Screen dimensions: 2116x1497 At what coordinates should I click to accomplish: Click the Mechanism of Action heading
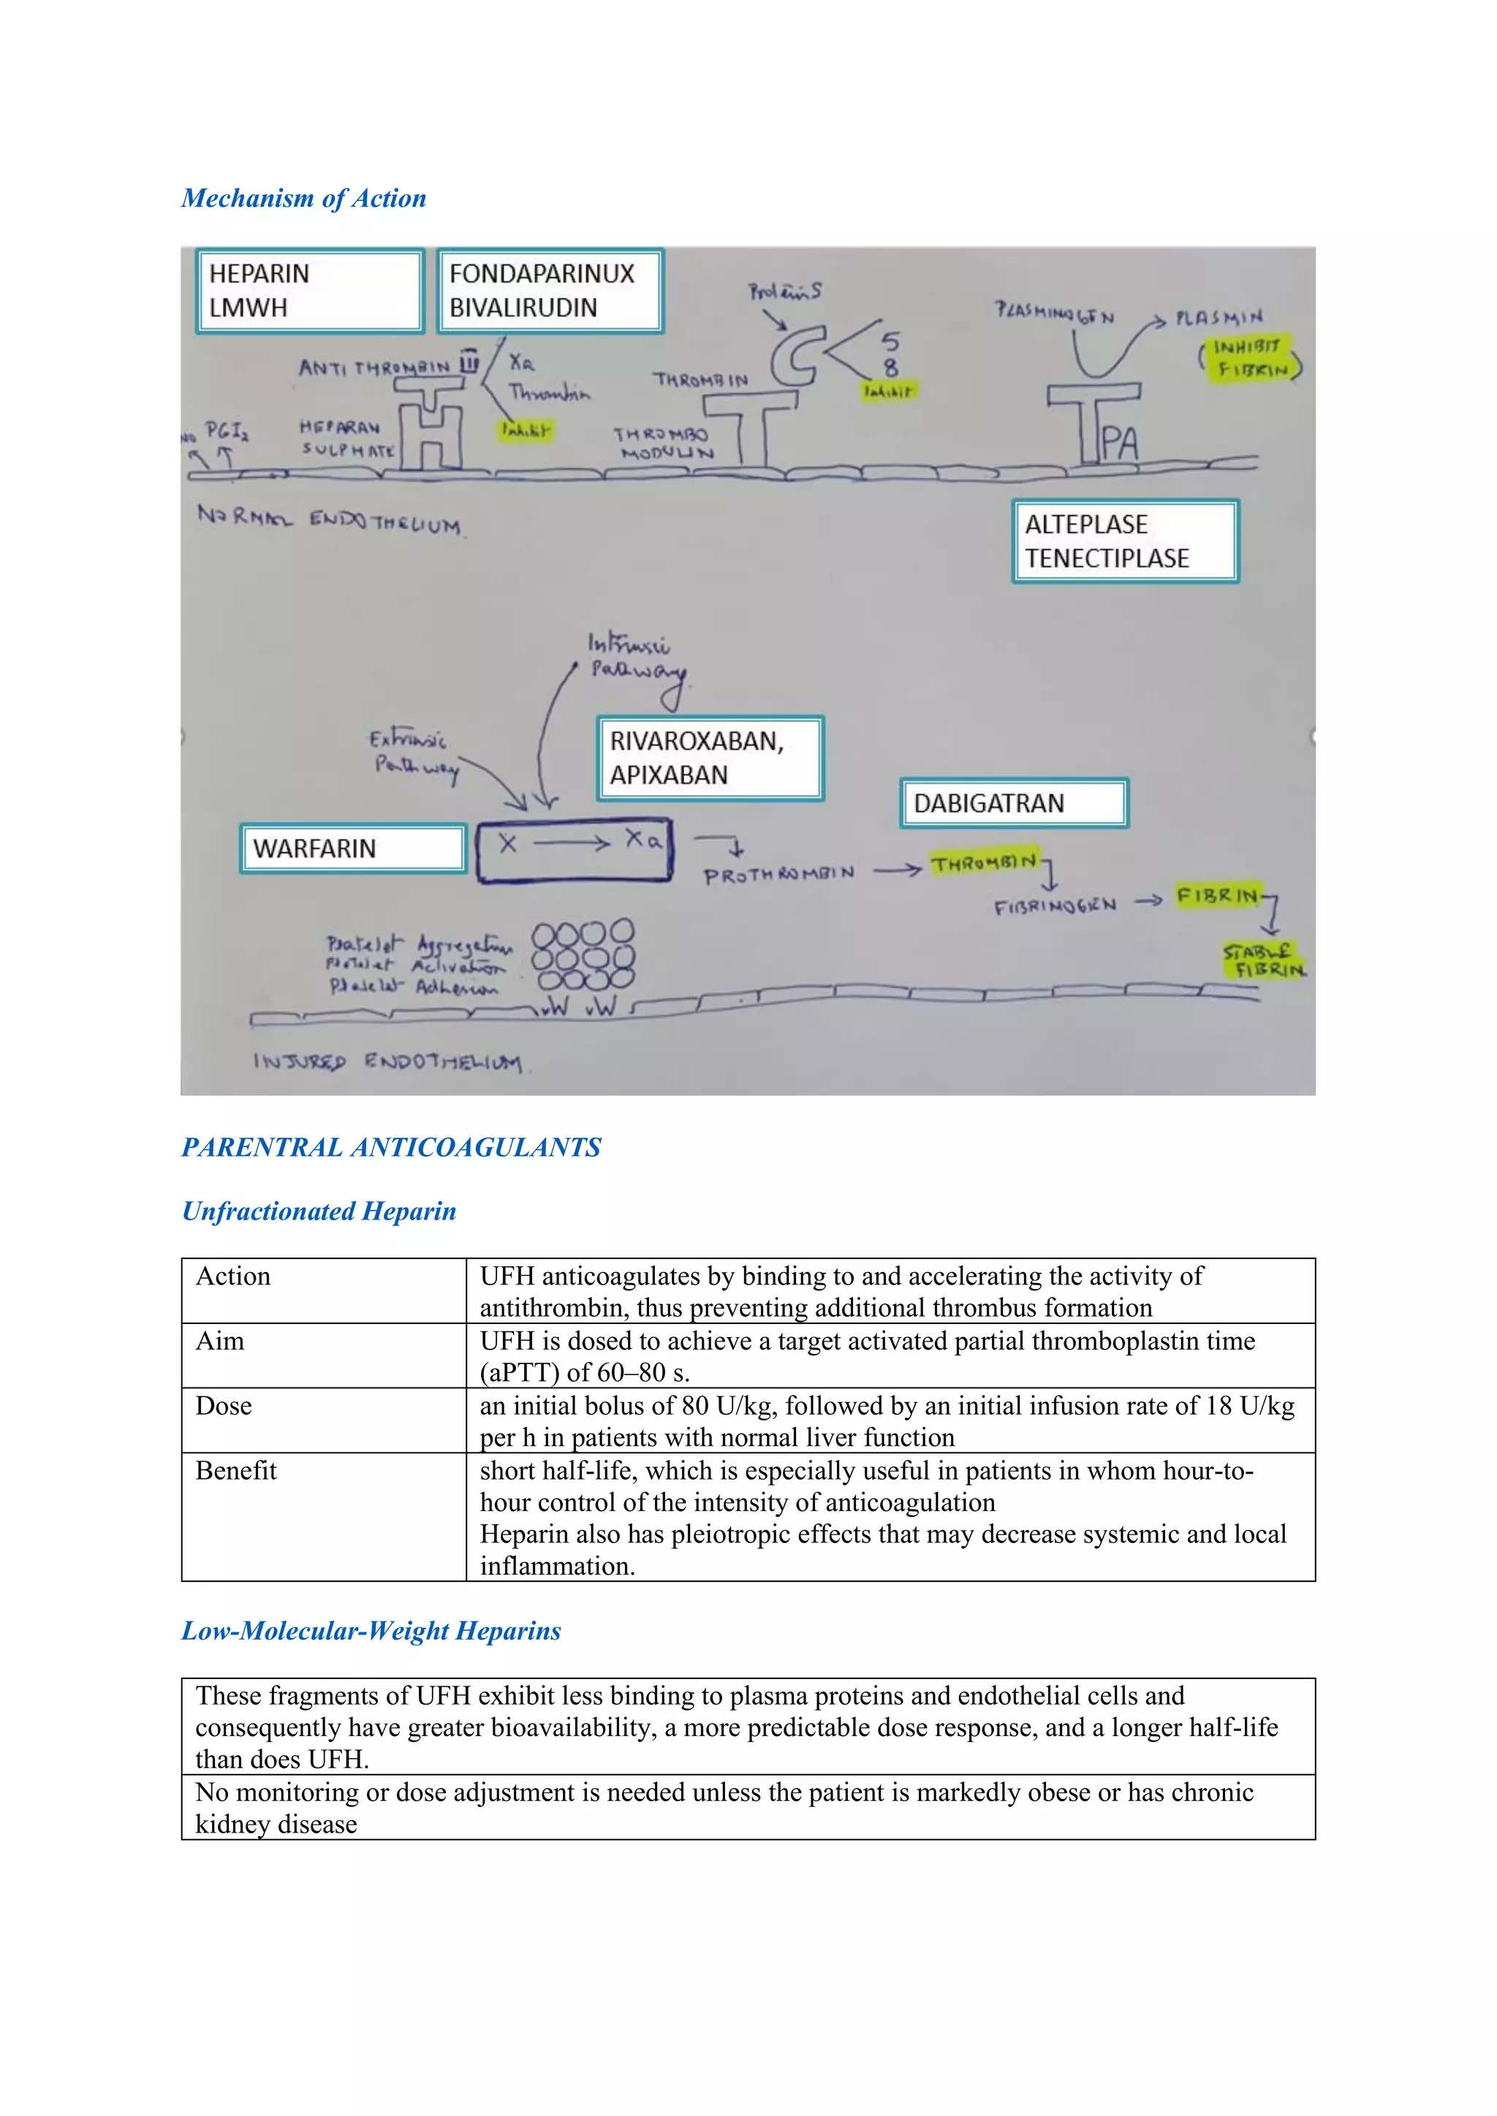tap(303, 198)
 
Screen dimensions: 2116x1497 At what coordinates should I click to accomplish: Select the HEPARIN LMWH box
tap(310, 290)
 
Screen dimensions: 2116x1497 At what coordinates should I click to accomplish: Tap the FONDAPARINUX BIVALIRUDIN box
tap(550, 290)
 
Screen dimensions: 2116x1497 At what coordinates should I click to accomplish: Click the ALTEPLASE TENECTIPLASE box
tap(1125, 541)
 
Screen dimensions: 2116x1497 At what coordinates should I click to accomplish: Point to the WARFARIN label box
tap(352, 848)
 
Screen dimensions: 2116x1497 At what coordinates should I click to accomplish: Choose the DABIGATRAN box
tap(1013, 803)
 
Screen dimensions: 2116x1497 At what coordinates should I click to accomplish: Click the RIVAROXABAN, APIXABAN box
tap(709, 758)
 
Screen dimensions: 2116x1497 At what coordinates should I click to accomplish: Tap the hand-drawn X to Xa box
tap(575, 850)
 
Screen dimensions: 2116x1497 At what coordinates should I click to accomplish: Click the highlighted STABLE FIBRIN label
tap(1263, 960)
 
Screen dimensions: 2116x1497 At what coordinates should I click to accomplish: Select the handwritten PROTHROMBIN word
tap(779, 875)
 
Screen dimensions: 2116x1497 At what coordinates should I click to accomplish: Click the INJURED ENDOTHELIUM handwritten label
tap(387, 1062)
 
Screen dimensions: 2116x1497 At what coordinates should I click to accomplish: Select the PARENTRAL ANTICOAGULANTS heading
tap(391, 1147)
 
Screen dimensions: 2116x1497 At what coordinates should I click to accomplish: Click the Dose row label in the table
tap(224, 1407)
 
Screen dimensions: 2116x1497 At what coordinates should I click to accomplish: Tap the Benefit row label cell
tap(236, 1471)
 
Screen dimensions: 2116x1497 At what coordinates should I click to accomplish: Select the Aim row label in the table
tap(220, 1341)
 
